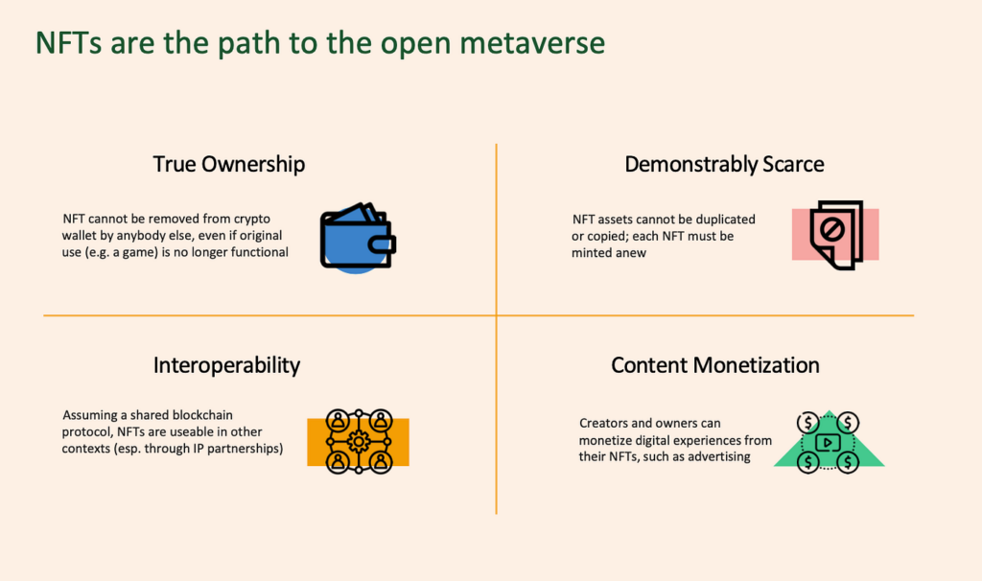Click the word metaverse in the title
(x=532, y=43)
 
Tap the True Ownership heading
(x=229, y=164)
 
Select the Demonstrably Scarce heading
(x=724, y=164)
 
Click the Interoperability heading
(x=226, y=365)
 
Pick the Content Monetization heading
(x=715, y=365)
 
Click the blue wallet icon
(x=358, y=238)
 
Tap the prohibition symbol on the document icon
(x=831, y=229)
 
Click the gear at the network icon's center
(x=359, y=442)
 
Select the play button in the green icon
(x=828, y=443)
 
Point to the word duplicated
(x=725, y=220)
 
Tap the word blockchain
(x=202, y=414)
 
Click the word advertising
(x=719, y=456)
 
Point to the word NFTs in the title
(x=69, y=43)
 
